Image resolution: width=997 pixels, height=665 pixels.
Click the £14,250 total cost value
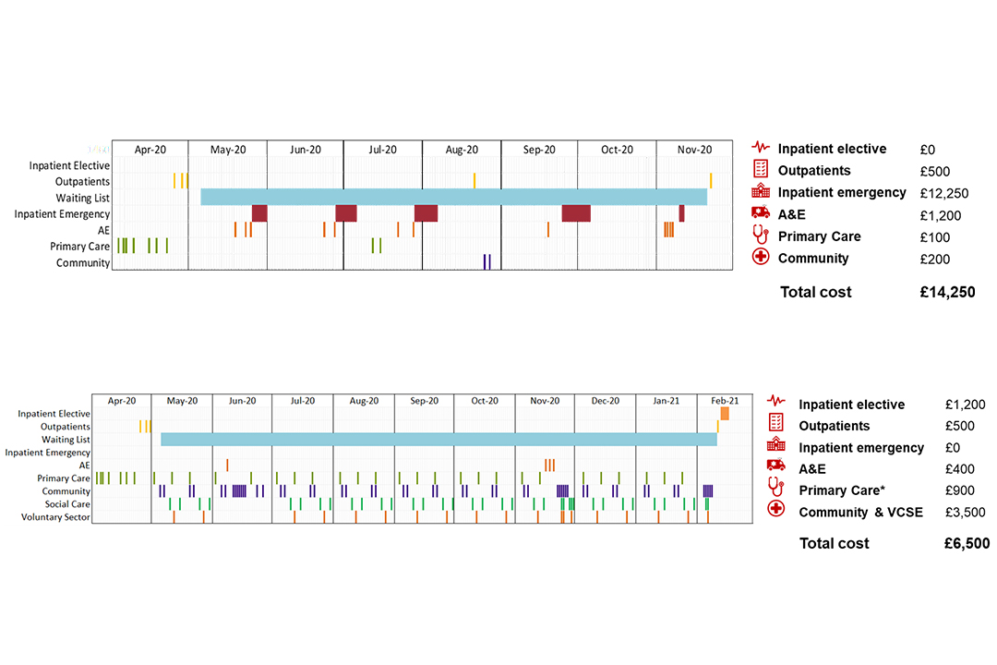click(x=947, y=292)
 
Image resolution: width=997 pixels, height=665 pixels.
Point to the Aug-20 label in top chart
click(x=462, y=150)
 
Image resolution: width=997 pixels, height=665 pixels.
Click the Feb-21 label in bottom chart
click(x=725, y=401)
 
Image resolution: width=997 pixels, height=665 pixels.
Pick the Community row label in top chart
click(x=83, y=263)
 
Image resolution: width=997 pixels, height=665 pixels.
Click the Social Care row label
click(x=67, y=504)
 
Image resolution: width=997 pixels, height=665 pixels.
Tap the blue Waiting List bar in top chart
click(x=452, y=197)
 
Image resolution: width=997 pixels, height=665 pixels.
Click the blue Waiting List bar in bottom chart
click(x=438, y=439)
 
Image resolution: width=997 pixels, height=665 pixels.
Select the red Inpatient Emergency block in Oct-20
click(x=576, y=213)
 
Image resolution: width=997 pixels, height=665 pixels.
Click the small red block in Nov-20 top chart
click(x=681, y=213)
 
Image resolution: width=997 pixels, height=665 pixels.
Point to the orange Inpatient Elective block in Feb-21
click(x=725, y=414)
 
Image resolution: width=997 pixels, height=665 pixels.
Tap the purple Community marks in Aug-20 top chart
click(x=486, y=261)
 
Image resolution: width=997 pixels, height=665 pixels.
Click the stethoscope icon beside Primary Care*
click(x=777, y=490)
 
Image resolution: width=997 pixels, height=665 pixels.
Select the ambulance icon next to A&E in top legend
click(x=761, y=215)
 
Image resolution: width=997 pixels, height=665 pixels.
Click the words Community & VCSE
click(x=860, y=513)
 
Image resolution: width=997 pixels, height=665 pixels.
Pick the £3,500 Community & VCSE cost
click(x=965, y=513)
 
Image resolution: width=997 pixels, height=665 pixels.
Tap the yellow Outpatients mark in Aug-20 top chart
click(x=474, y=180)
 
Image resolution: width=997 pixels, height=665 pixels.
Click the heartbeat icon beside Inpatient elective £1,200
click(x=777, y=403)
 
